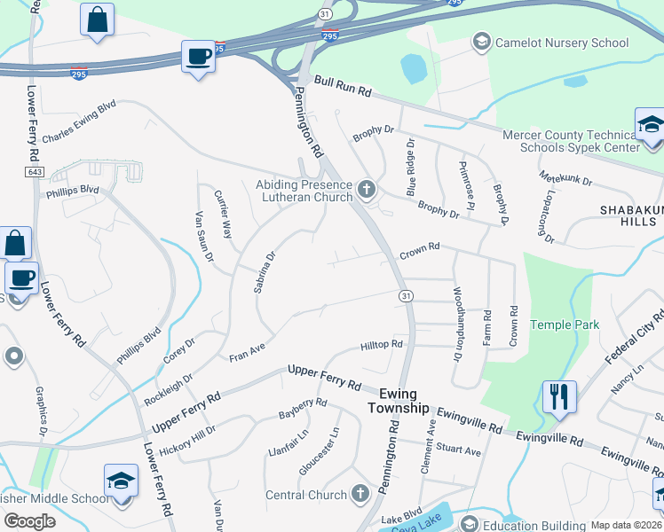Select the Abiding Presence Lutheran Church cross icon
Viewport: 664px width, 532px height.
(366, 188)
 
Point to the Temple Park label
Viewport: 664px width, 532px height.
(565, 325)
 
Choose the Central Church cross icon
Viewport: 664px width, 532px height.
(360, 493)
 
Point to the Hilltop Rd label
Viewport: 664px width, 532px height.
(382, 344)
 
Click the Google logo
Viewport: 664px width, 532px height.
(28, 521)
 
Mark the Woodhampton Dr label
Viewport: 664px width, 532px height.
(458, 323)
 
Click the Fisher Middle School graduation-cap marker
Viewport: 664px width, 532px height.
(121, 481)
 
